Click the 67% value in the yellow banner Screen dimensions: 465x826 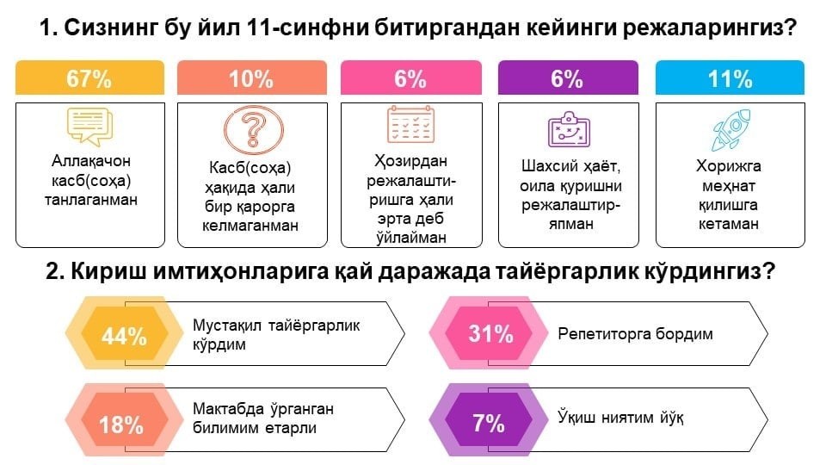point(89,79)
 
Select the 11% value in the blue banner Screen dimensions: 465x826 point(730,79)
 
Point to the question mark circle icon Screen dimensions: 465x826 point(253,130)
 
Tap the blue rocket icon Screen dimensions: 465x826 point(730,130)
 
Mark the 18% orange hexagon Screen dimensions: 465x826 point(121,424)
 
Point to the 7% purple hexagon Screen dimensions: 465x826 point(489,423)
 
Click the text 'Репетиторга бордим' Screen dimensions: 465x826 point(635,334)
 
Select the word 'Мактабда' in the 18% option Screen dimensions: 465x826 point(226,408)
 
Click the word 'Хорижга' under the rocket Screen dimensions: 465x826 point(730,166)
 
